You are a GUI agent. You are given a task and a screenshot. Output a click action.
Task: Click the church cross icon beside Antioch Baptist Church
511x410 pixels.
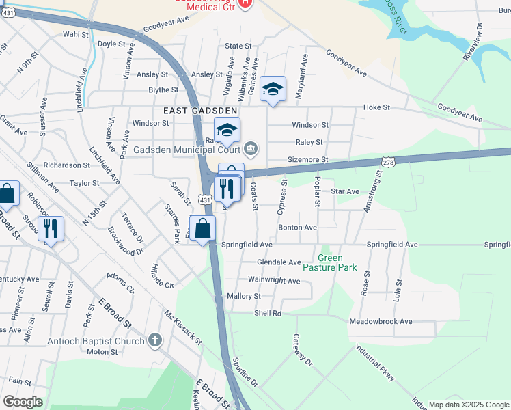click(x=155, y=340)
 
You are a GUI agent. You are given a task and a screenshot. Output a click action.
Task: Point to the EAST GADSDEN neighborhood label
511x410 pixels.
click(x=200, y=110)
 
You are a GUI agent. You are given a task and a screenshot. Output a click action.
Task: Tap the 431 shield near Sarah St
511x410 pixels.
click(x=204, y=198)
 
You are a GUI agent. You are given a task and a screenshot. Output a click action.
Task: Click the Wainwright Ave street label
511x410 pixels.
click(x=274, y=281)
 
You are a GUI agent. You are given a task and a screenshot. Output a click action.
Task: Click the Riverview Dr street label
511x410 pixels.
click(x=473, y=42)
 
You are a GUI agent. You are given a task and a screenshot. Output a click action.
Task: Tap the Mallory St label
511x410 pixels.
click(x=244, y=297)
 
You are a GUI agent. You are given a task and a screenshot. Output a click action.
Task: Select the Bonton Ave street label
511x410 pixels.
click(x=297, y=228)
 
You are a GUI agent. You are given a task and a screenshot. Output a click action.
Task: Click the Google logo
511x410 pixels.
click(x=23, y=402)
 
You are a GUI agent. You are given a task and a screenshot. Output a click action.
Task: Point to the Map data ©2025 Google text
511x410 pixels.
click(x=467, y=405)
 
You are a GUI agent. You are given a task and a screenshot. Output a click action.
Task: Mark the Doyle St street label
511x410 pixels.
click(x=112, y=44)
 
